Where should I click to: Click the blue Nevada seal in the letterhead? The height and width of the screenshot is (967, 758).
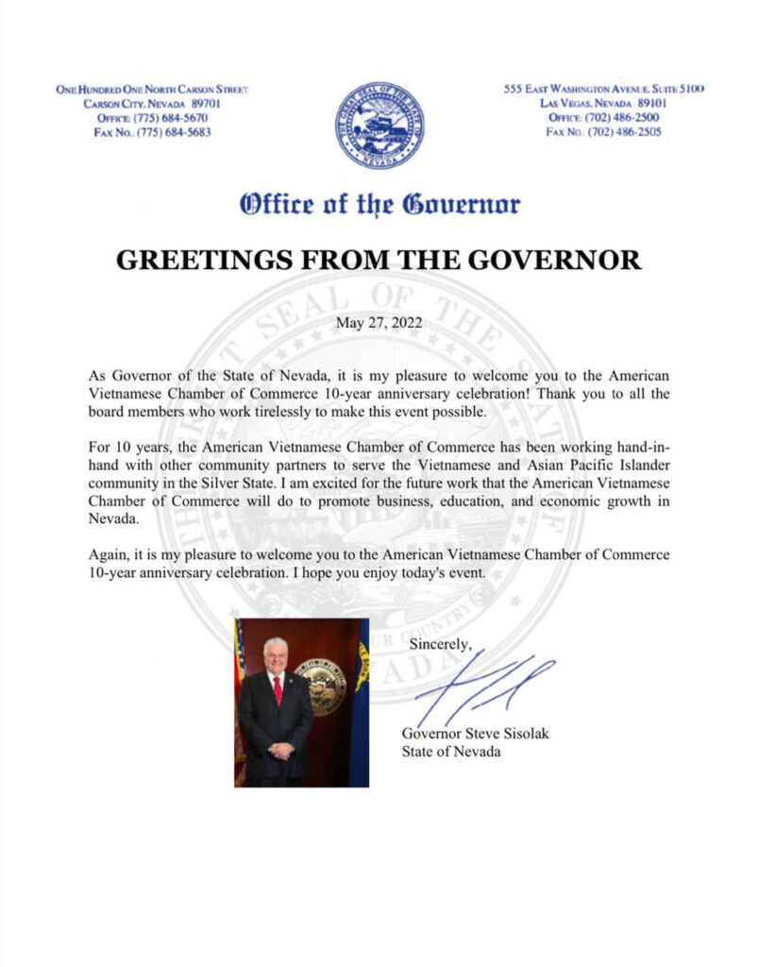point(379,126)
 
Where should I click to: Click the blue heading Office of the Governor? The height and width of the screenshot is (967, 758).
point(379,203)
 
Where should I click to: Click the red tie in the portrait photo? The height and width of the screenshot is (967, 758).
point(278,689)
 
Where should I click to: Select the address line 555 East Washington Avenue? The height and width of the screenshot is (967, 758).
point(605,89)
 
